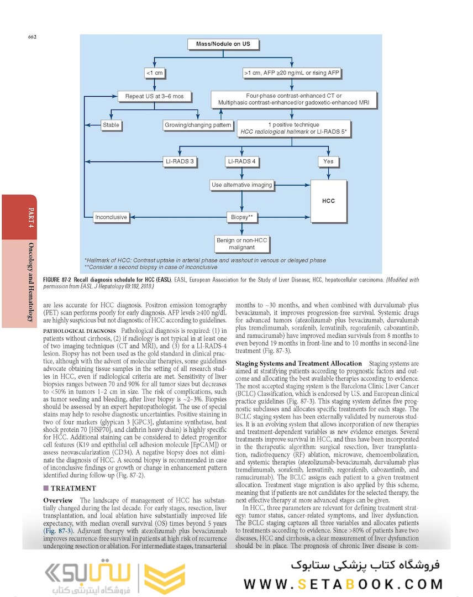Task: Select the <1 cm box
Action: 154,72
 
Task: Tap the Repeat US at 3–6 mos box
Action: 154,96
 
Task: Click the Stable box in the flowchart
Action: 111,125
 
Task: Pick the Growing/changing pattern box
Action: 198,125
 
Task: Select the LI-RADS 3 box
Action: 180,162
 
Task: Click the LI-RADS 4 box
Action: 242,162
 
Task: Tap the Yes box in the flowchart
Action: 328,162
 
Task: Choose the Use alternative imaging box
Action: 242,185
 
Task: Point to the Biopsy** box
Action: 242,217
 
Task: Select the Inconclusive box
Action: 111,217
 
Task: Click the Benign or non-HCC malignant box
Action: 242,244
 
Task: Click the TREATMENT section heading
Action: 73,488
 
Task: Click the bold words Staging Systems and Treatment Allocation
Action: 298,363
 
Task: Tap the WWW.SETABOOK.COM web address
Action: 343,584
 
